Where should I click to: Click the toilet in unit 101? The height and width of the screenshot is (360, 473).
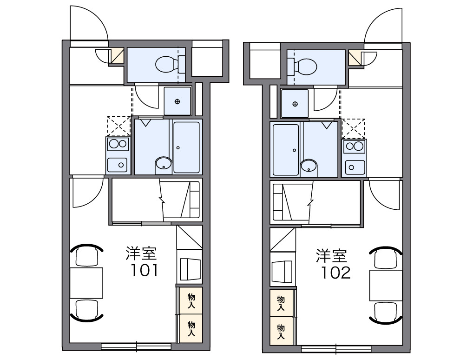pos(165,64)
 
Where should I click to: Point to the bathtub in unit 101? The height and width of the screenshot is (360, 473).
pos(187,147)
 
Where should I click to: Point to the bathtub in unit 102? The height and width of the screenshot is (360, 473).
pos(285,149)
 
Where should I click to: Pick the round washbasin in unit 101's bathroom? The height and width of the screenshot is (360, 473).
pos(163,164)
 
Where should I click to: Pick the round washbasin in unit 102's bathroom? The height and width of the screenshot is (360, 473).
pos(309,166)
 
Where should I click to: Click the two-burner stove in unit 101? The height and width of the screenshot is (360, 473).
pos(117,144)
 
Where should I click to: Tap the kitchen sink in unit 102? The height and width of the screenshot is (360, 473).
pos(353,166)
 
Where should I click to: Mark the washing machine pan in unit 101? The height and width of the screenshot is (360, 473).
pos(177,101)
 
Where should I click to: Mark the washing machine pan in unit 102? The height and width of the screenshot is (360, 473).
pos(295,104)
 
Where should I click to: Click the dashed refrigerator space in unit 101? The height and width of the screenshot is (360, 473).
pos(119,126)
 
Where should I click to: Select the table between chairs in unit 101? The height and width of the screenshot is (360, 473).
pos(87,282)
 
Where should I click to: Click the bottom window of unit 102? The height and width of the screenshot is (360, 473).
pos(336,348)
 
